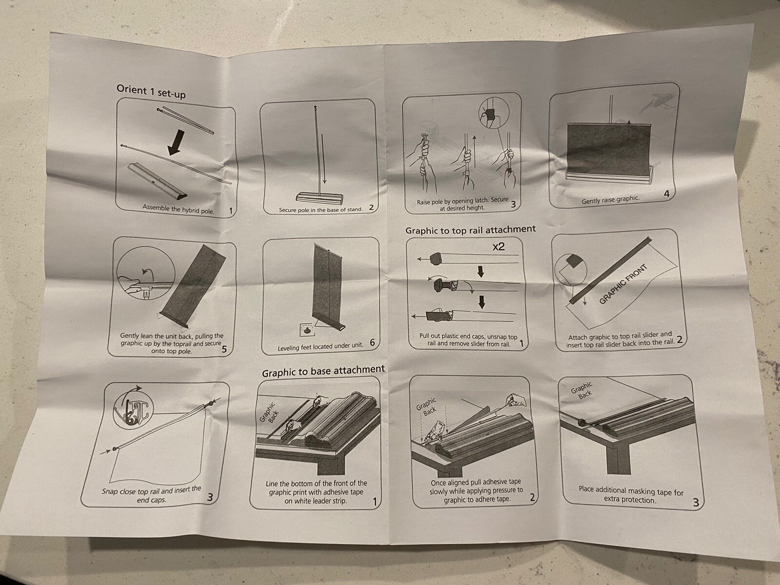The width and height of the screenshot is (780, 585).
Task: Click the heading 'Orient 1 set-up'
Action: [x=151, y=91]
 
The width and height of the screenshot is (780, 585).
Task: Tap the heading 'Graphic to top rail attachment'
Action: [x=470, y=230]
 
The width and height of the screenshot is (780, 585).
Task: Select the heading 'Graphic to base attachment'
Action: [x=323, y=371]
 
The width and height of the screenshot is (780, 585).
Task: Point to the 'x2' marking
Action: [x=498, y=247]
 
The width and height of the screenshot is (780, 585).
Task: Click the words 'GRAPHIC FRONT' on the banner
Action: [x=623, y=284]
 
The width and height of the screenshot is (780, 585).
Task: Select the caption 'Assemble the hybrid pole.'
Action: [x=178, y=209]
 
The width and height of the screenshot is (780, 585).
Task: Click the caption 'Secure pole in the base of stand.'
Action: [x=320, y=210]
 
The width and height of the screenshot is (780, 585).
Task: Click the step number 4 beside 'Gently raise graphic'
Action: [x=666, y=194]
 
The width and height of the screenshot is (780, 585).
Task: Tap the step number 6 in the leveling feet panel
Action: [x=372, y=343]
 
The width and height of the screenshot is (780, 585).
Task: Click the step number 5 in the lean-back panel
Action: [x=224, y=349]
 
